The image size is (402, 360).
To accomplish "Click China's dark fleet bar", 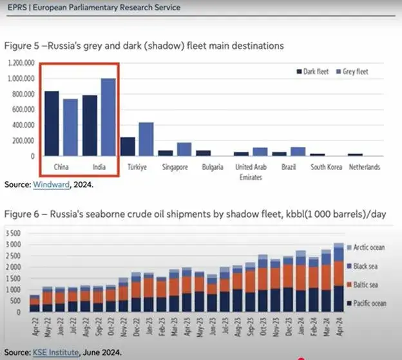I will point(52,124).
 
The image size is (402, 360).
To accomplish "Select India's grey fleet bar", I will point(108,117).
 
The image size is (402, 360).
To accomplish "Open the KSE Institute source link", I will point(53,352).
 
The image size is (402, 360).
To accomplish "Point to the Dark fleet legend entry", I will point(316,71).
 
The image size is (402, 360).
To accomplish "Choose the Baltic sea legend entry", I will point(368,284).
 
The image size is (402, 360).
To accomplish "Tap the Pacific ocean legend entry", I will point(370,303).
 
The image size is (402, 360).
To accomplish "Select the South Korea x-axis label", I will point(326,167).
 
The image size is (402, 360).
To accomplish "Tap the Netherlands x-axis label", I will point(364,167).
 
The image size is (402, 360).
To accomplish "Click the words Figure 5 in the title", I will point(21,46).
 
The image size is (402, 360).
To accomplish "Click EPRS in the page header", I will point(15,8).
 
